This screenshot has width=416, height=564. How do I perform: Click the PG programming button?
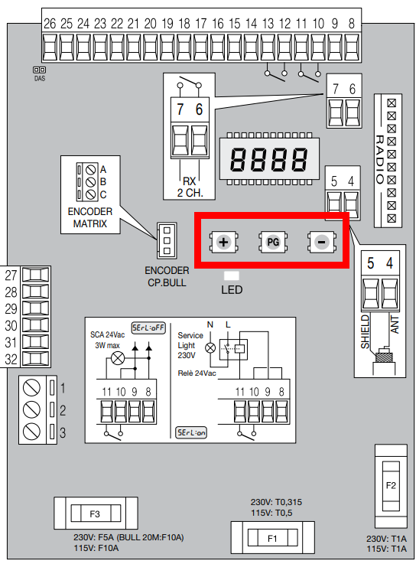coord(273,242)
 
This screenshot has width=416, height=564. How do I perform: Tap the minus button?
coord(322,242)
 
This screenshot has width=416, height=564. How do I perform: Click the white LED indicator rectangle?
coord(232,276)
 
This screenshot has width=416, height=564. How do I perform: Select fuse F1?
coord(272,538)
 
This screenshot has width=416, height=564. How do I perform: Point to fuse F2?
coord(391,486)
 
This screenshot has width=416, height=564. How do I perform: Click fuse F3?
coord(96,513)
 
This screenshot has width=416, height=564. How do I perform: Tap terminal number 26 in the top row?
coord(50,47)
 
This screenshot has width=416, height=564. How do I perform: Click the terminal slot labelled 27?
coord(36,275)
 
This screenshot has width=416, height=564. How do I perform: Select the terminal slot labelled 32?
coord(36,359)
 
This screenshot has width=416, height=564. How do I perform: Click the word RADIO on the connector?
coord(380,159)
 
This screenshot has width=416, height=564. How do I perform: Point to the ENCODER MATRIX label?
coord(90,217)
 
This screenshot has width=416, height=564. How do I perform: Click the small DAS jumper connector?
coord(40,70)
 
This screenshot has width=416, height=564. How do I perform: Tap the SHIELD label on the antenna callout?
coord(366,331)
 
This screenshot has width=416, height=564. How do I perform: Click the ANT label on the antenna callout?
coord(395,324)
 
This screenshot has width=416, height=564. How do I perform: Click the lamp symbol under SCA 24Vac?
coord(117,358)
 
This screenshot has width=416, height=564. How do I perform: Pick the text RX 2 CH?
coord(190,187)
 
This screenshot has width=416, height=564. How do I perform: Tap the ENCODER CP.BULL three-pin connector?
coord(167,240)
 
